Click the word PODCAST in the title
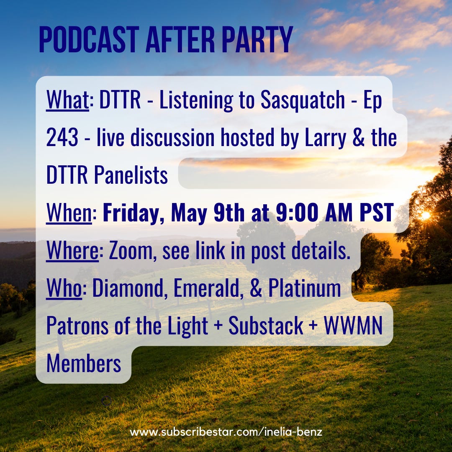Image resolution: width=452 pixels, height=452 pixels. [x=89, y=39]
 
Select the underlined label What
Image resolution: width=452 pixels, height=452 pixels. [x=67, y=100]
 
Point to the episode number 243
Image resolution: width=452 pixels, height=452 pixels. [x=62, y=137]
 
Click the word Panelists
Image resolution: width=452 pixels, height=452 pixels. [x=131, y=175]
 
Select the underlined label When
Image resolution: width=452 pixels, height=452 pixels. [x=69, y=213]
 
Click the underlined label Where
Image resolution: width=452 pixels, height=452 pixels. [x=72, y=251]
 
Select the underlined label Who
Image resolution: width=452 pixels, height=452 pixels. [x=64, y=288]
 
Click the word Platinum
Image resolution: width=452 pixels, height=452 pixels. [x=305, y=288]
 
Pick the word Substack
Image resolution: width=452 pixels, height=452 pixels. [x=266, y=326]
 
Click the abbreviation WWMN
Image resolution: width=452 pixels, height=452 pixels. [x=353, y=326]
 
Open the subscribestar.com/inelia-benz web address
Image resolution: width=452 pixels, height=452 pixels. [x=226, y=432]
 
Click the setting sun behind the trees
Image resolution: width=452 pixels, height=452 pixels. [x=425, y=215]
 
